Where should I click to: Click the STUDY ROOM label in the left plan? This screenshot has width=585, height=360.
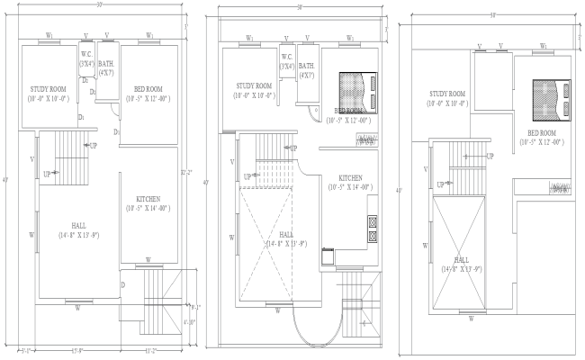[x=47, y=89]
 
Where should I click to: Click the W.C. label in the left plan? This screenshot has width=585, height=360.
[x=87, y=54]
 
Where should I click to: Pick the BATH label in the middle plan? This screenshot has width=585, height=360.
[x=306, y=66]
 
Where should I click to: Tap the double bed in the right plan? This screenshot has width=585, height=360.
[x=552, y=99]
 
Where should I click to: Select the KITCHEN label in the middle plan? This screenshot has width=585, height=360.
[x=351, y=177]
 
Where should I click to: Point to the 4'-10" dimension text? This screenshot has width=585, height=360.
[x=191, y=321]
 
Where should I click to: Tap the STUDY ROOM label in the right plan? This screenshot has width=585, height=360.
[x=447, y=94]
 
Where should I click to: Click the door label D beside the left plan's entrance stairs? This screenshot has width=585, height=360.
[x=122, y=285]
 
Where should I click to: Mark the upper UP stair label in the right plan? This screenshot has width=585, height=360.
[x=490, y=156]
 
